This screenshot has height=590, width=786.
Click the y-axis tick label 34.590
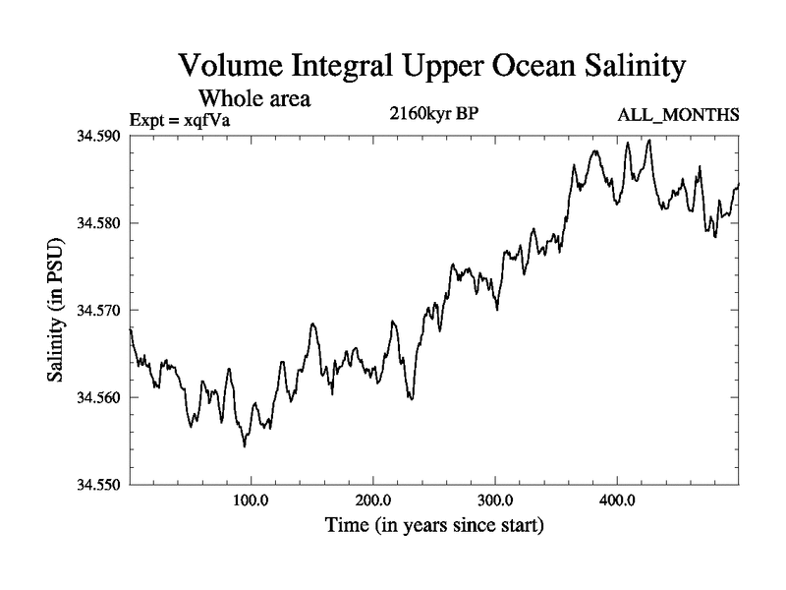coord(99,136)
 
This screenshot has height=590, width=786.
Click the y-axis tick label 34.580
coord(99,223)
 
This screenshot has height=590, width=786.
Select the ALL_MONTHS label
coord(678,116)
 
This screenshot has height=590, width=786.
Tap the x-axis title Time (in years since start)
coord(434,526)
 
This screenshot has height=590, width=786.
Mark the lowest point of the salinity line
coord(245,446)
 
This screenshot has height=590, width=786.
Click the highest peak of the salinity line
coord(649,140)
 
